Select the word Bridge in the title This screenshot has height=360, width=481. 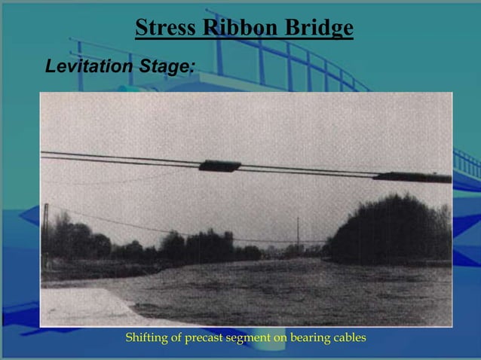[x=317, y=29]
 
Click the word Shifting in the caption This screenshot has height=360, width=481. [x=149, y=337]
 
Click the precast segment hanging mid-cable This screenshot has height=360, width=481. [x=219, y=166]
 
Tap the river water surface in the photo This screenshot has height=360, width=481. [x=286, y=290]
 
